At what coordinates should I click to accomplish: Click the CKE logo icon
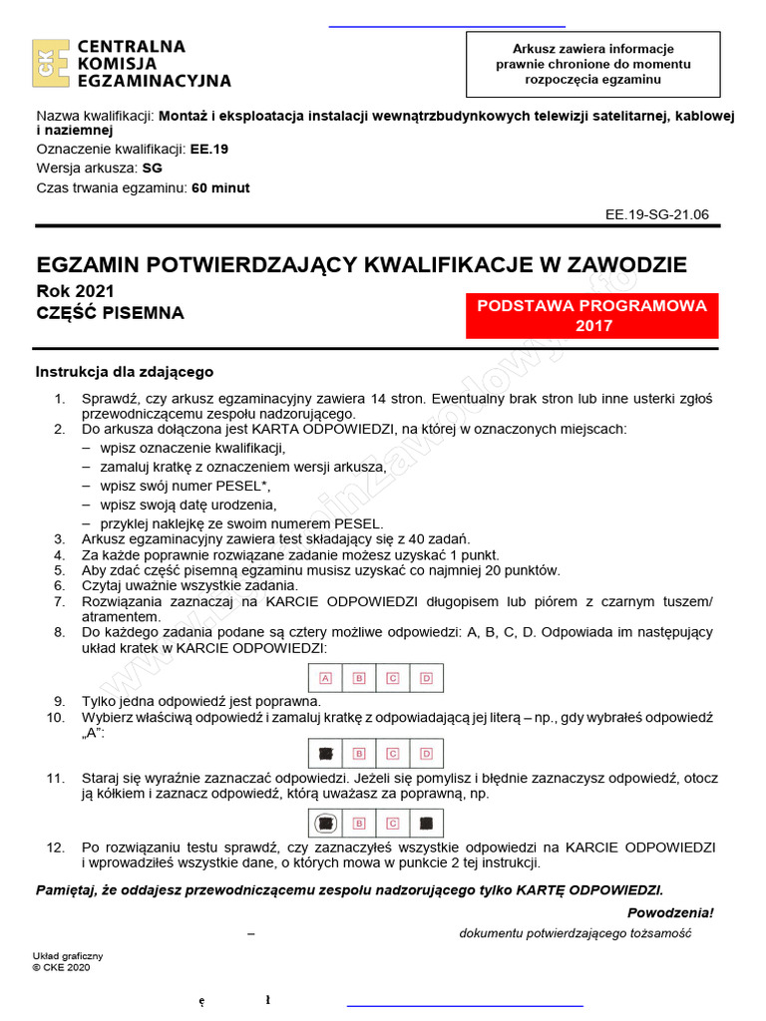(50, 64)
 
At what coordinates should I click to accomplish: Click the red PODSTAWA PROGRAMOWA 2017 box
(592, 316)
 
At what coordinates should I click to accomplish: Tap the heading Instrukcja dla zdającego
(125, 372)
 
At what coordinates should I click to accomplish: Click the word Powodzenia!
(670, 912)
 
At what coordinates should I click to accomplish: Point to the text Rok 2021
(75, 291)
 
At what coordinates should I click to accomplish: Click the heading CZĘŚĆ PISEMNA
(110, 313)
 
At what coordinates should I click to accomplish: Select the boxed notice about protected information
(592, 63)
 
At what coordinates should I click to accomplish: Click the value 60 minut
(220, 187)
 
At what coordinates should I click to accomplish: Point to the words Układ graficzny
(68, 956)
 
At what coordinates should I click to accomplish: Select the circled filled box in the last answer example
(325, 824)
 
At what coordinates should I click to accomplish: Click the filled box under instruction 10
(325, 753)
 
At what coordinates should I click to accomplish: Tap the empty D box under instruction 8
(426, 679)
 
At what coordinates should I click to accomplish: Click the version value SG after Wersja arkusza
(153, 169)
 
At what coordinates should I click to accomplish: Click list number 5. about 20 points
(59, 570)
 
